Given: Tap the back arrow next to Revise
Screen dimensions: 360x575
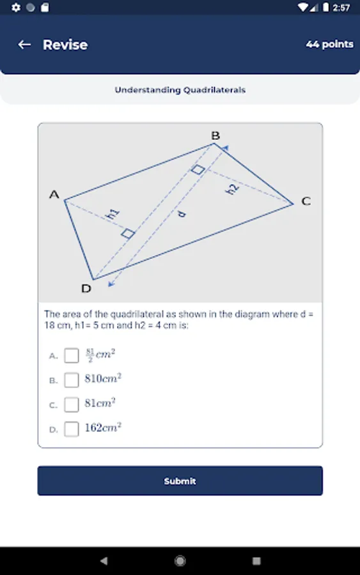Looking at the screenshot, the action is click(x=24, y=45).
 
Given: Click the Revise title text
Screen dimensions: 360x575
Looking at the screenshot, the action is click(x=65, y=45).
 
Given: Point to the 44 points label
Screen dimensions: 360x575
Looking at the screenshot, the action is click(x=329, y=44).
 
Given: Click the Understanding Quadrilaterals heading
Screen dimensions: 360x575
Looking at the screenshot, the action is click(x=180, y=90).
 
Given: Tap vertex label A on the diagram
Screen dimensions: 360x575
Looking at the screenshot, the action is click(x=54, y=194).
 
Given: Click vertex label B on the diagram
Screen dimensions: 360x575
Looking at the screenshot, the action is click(x=215, y=135).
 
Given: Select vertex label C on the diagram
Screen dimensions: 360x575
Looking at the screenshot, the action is click(x=306, y=201).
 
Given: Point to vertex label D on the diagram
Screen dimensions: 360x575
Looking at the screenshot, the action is click(x=86, y=289).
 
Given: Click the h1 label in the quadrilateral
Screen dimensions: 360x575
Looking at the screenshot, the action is click(x=113, y=214).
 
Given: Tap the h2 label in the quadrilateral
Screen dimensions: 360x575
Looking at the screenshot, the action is click(x=232, y=189).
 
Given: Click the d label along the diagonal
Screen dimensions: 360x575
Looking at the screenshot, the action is click(x=182, y=213).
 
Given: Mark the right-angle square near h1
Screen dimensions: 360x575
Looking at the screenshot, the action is click(x=128, y=233).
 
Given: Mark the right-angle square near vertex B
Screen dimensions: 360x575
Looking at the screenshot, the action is click(x=198, y=169).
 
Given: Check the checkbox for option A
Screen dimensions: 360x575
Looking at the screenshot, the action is click(x=72, y=355).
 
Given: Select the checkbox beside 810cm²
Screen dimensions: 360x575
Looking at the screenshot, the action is click(x=72, y=380).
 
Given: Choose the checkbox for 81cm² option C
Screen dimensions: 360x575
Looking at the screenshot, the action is click(x=72, y=404).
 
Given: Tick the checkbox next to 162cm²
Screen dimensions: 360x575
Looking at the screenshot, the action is click(x=72, y=429).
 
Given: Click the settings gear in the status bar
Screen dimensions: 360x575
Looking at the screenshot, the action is click(x=16, y=7).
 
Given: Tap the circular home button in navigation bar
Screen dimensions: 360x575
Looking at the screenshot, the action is click(x=180, y=561).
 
